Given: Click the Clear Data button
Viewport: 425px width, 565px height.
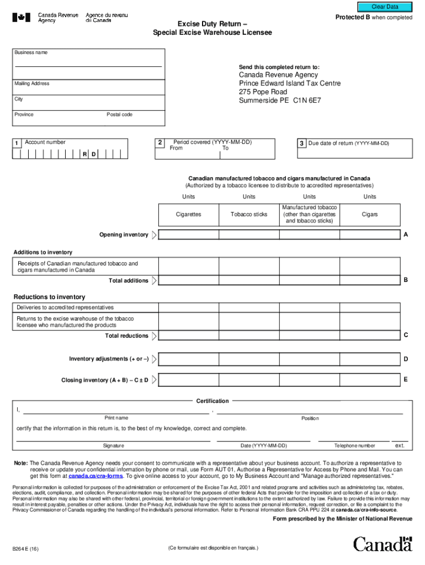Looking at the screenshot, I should tap(385, 7).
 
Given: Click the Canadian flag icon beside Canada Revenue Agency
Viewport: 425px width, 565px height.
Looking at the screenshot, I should tap(22, 18).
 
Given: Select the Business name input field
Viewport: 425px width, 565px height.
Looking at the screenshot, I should tap(88, 62).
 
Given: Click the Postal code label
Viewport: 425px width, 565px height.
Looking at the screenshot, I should tap(119, 115).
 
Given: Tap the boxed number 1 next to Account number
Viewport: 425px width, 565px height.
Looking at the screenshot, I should tap(17, 144).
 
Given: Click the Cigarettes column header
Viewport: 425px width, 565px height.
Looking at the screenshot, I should tap(188, 214).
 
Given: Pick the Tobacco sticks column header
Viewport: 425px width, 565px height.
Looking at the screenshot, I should tap(249, 214).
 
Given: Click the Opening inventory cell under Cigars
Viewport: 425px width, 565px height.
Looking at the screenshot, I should tap(369, 234).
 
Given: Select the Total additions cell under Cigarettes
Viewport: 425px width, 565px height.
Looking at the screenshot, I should tap(188, 280).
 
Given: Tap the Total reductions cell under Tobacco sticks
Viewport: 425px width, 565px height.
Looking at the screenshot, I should tap(249, 335).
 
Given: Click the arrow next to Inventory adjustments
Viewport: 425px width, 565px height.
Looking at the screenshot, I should tap(154, 359).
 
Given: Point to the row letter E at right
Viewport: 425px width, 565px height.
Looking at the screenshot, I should tap(406, 380).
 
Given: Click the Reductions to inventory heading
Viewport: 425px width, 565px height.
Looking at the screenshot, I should tap(49, 297).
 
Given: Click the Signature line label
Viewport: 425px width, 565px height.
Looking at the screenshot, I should tap(113, 446).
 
